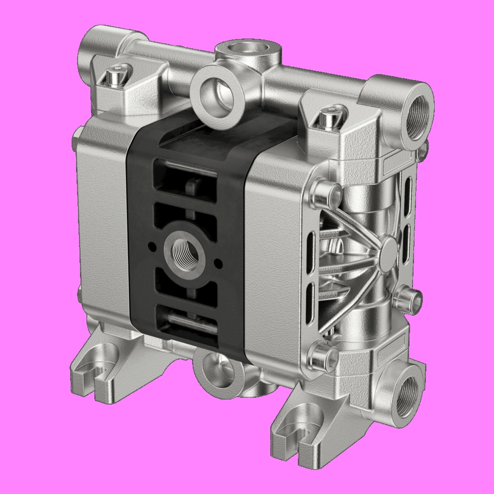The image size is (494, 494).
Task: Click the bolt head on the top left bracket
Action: click(113, 77)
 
